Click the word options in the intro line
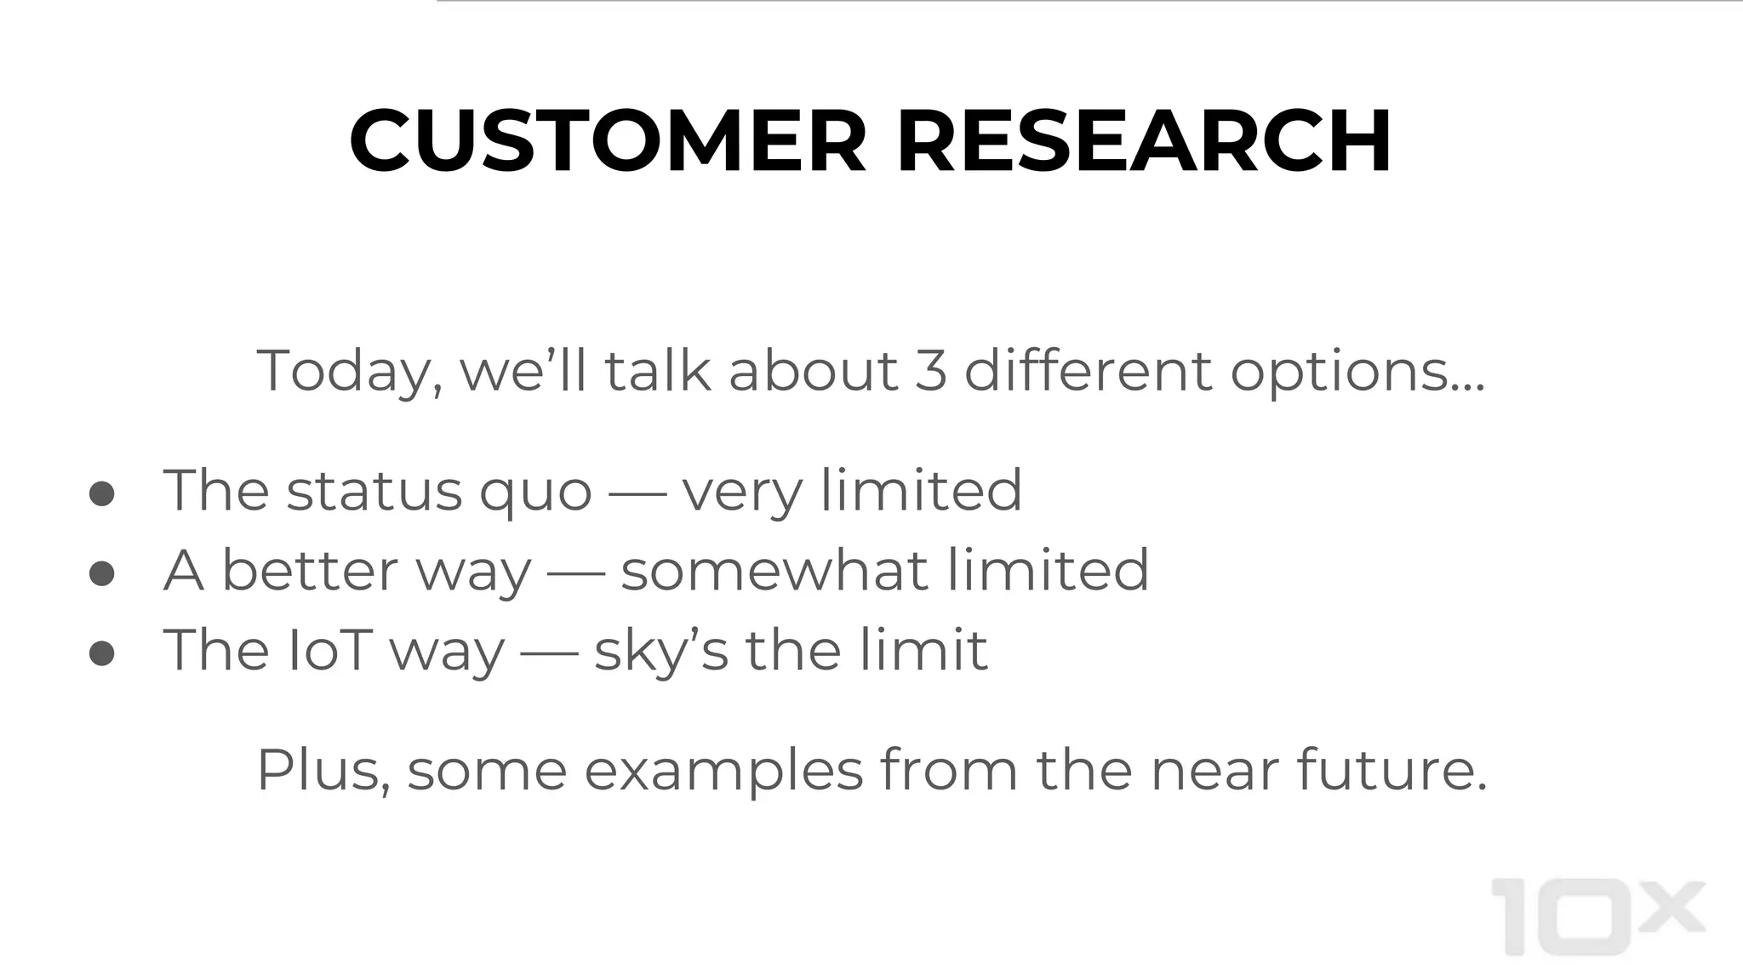1357,373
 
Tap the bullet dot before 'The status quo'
102,493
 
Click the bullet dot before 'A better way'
102,573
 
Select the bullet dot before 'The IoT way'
102,652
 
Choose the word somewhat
774,571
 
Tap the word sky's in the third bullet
661,652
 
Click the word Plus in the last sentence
323,771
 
